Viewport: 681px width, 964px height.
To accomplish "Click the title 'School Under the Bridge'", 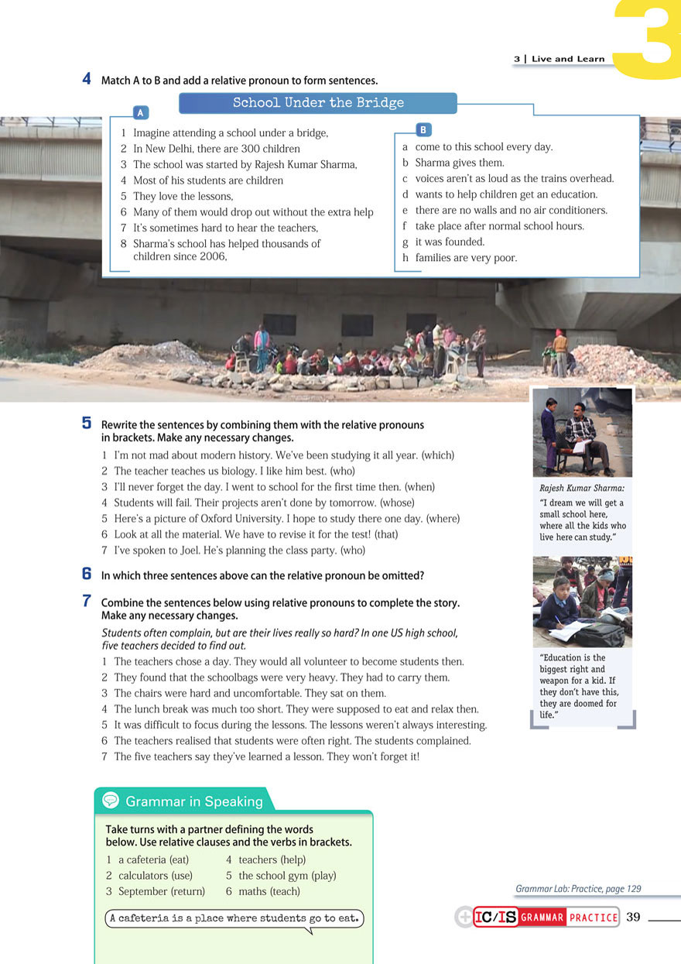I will (318, 103).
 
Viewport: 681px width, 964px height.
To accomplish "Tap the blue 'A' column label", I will (140, 113).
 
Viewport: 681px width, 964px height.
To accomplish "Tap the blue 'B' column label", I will (423, 129).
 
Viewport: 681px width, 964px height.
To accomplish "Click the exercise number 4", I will (87, 79).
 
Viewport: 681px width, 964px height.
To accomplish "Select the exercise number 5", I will (87, 424).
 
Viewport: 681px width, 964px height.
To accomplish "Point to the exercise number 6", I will (87, 575).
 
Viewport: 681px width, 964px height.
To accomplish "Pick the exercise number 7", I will (87, 601).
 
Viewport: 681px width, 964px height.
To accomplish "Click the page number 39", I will (633, 917).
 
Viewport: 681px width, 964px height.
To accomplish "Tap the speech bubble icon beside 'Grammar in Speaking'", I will (111, 801).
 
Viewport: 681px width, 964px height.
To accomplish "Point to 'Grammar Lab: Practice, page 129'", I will (578, 889).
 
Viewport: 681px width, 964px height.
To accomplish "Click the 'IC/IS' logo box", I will (495, 918).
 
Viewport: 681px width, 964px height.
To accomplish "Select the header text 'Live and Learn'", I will (568, 59).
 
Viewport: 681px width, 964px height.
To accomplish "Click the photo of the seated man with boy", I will (582, 432).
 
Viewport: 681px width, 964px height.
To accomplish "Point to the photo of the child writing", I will (582, 602).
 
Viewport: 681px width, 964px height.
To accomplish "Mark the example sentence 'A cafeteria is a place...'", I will (234, 918).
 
